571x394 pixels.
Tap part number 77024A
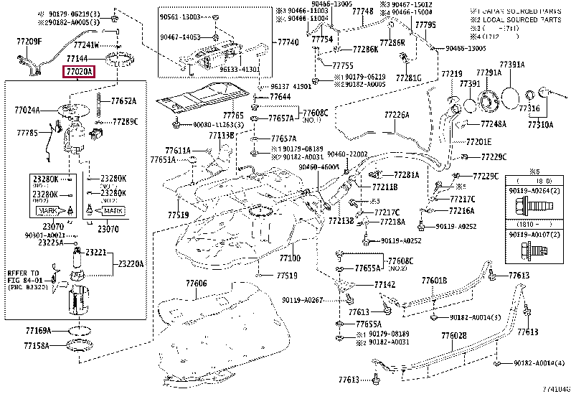point(27,111)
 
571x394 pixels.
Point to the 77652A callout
point(123,102)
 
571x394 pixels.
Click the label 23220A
point(131,264)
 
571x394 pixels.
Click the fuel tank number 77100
point(290,258)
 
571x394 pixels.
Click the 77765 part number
point(233,116)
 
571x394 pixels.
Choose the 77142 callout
point(384,285)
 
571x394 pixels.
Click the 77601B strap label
point(434,281)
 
